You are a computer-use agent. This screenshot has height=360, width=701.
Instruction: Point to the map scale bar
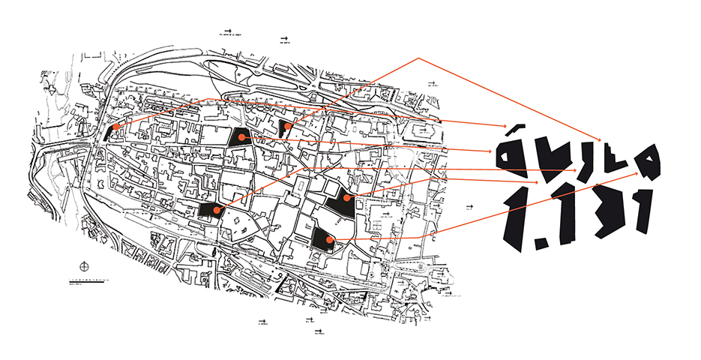point(82,281)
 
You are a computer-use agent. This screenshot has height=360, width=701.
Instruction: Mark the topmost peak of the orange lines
point(418,58)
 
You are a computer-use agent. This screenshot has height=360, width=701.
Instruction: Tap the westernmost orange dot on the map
point(115,128)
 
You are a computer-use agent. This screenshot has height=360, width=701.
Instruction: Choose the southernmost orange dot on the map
point(330,239)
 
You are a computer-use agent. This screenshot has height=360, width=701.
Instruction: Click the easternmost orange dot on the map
point(347,197)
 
